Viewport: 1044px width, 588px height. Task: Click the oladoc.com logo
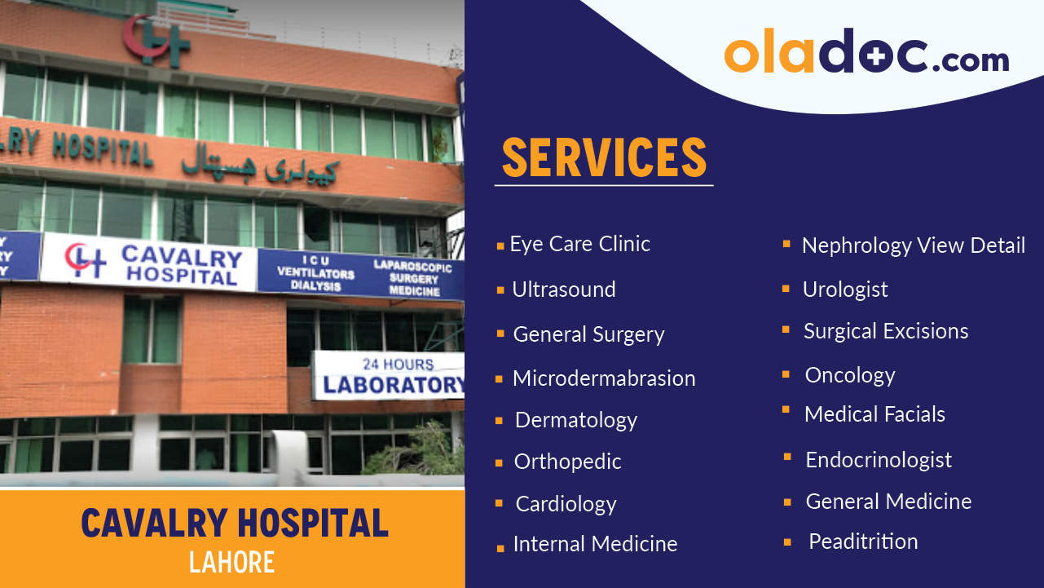click(866, 55)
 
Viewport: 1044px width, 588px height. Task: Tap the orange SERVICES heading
click(604, 157)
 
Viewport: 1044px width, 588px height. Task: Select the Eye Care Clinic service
click(579, 244)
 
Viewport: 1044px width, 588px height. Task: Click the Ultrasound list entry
click(563, 290)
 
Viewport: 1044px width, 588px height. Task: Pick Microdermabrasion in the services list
click(603, 378)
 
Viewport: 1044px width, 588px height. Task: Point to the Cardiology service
click(566, 504)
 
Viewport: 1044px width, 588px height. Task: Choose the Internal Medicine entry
click(595, 544)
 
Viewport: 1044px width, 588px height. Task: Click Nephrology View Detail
click(913, 245)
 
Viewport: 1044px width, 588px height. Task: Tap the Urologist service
click(845, 290)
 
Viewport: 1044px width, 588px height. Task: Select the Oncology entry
click(849, 375)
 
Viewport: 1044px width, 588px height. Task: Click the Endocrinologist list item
click(878, 460)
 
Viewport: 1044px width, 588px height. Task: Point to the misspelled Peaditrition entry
click(862, 542)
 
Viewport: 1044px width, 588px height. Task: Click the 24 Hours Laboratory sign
click(390, 375)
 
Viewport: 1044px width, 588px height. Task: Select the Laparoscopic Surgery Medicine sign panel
click(412, 277)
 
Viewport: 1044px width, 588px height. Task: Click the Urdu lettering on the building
click(259, 165)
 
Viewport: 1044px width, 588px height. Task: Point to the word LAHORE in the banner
click(231, 562)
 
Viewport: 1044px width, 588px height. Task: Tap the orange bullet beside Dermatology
click(499, 421)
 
